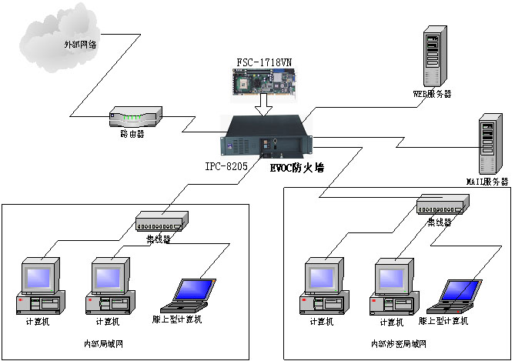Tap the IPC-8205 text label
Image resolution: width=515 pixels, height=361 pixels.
[226, 164]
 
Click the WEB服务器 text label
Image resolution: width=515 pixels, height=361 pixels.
[433, 94]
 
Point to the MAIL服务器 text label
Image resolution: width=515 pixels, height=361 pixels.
[487, 182]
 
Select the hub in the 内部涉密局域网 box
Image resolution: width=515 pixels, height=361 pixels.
[442, 206]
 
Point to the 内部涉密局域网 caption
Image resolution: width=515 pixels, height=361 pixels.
[397, 343]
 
